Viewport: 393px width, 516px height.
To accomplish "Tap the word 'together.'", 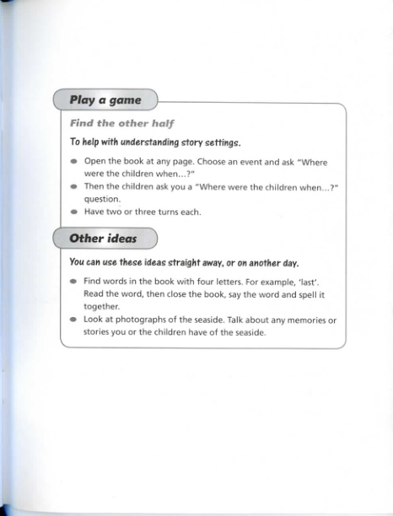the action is pyautogui.click(x=103, y=308).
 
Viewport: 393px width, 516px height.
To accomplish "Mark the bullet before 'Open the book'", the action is pyautogui.click(x=74, y=163).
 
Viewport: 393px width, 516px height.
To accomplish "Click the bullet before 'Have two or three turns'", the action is pyautogui.click(x=74, y=212).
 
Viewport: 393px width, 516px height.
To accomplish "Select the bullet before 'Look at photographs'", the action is pyautogui.click(x=74, y=321).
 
